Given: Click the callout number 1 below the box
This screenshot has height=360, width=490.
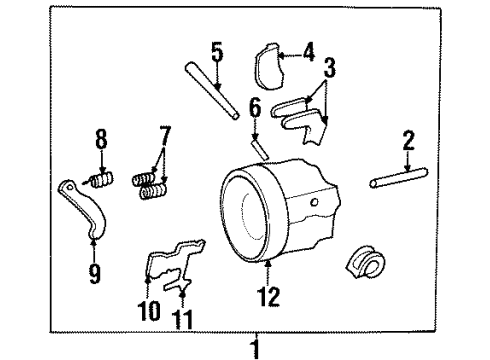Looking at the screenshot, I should [x=256, y=349].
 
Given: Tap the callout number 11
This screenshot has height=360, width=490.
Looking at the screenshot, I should [x=182, y=320].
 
